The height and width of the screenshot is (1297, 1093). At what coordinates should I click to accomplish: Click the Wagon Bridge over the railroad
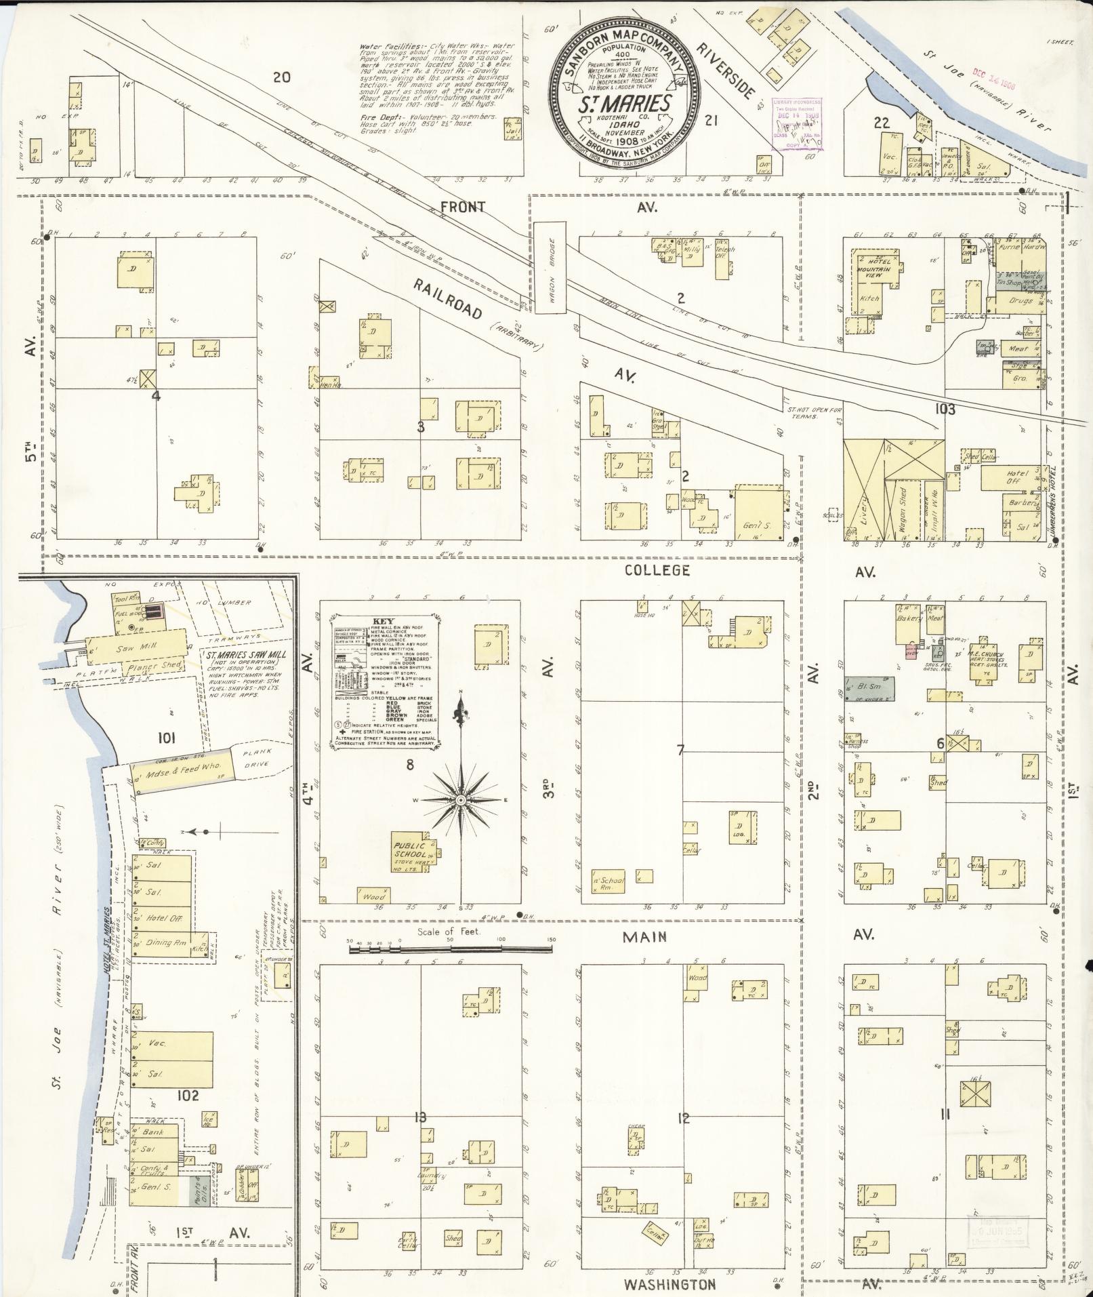click(550, 268)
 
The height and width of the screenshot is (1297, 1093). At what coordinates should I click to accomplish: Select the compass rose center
click(461, 801)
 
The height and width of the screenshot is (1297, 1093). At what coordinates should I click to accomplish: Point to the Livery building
click(863, 489)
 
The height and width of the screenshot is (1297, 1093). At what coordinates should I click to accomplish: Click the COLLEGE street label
click(657, 570)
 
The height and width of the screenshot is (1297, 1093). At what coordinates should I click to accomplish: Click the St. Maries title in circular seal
click(624, 104)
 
